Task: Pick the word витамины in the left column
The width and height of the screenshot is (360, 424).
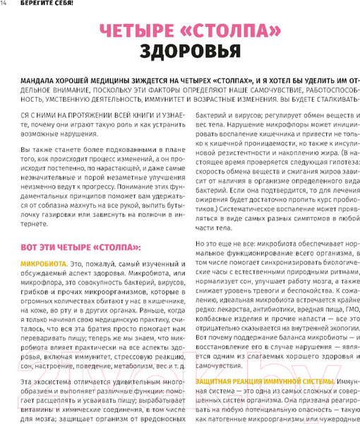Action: [44, 408]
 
